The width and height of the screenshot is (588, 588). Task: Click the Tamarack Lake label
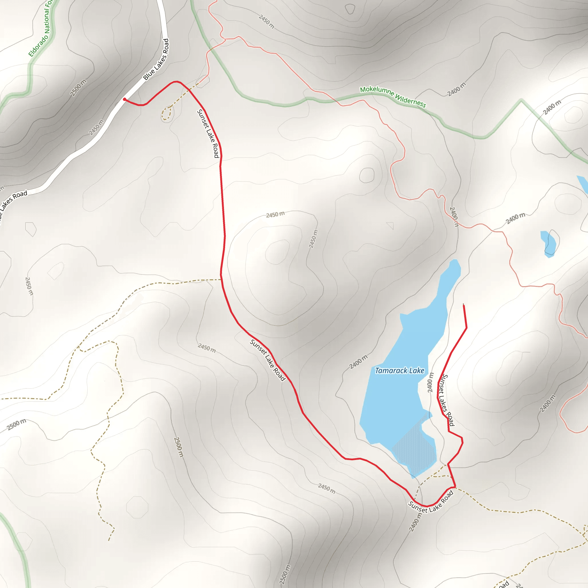click(x=399, y=370)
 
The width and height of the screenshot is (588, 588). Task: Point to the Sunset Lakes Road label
click(x=448, y=400)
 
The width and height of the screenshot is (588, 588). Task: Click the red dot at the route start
click(x=125, y=99)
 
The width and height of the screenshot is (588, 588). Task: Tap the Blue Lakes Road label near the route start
click(x=156, y=60)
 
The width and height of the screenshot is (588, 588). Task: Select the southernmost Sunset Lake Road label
click(x=431, y=502)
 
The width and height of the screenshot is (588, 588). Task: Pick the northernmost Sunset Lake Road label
click(x=208, y=133)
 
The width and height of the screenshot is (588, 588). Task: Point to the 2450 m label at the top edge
click(x=266, y=22)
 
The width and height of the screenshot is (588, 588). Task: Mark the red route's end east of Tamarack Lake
click(x=463, y=305)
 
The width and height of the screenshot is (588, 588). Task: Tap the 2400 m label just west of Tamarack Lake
click(x=358, y=361)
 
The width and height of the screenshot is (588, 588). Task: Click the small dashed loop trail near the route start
click(x=167, y=113)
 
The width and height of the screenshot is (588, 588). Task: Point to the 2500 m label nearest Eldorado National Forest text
click(x=78, y=88)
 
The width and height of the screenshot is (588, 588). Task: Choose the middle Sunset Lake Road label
click(x=268, y=360)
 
